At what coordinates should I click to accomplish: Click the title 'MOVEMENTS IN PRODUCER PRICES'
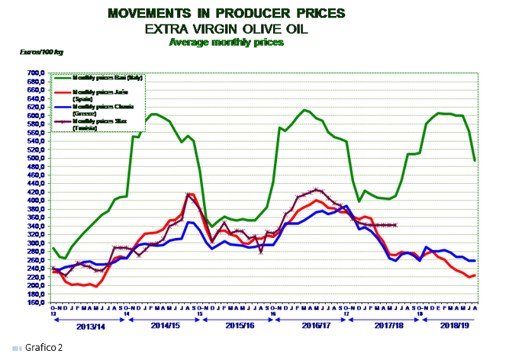[226, 14]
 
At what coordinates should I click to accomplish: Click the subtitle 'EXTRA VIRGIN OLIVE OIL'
[226, 28]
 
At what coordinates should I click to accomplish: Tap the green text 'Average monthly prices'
[225, 42]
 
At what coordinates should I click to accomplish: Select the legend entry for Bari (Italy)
[107, 78]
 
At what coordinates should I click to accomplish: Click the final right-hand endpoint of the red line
[475, 275]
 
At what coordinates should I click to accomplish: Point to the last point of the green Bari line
[475, 160]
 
